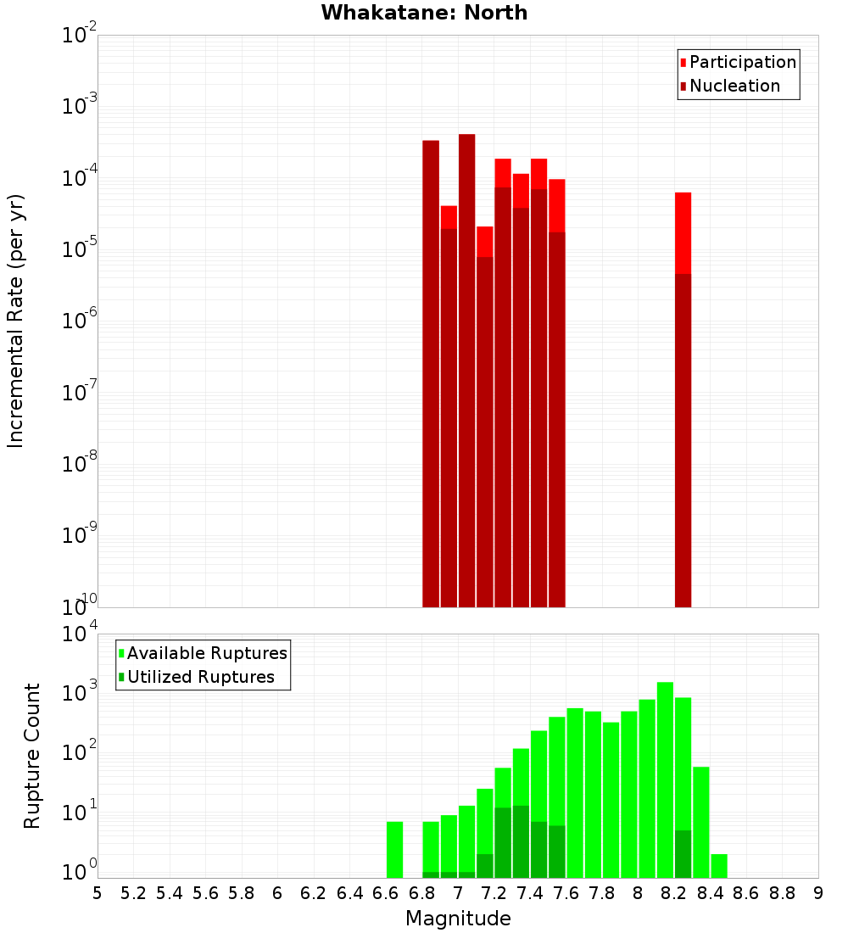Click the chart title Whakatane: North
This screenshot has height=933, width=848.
coord(424,13)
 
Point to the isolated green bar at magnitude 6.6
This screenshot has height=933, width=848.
coord(394,849)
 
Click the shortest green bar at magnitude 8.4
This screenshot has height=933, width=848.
coord(719,865)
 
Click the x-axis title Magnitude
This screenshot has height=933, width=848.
coord(458,919)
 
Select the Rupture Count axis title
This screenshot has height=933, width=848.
coord(32,755)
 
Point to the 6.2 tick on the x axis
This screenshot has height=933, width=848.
coord(313,892)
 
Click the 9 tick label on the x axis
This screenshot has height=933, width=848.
coord(817,892)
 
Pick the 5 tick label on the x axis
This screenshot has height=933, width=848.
coord(98,892)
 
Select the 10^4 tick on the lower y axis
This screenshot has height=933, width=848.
coord(81,634)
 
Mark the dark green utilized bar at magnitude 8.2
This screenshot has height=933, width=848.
coord(683,853)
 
